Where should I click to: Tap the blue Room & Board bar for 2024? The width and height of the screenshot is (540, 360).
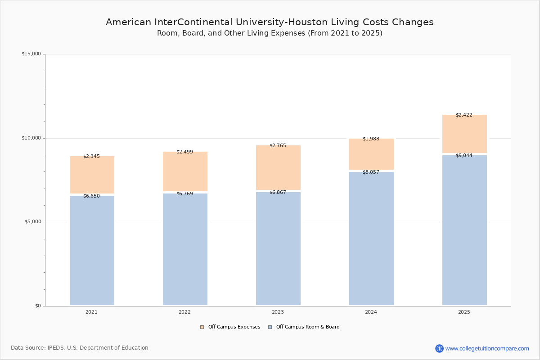[371, 238]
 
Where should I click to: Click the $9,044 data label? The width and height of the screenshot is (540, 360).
[464, 155]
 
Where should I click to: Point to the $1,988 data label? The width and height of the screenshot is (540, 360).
[371, 139]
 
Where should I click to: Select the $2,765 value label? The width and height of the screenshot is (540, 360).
[278, 145]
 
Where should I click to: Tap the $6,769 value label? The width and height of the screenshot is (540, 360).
[184, 193]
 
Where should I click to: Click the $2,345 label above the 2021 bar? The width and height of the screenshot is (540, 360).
[91, 156]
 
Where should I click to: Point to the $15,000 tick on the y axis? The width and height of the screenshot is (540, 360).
[31, 54]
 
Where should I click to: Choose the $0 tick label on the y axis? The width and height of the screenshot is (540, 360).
[38, 306]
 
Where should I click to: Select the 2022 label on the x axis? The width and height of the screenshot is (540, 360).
[184, 312]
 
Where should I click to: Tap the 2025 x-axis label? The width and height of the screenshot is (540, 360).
[464, 312]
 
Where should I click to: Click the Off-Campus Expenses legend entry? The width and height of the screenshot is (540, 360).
[230, 327]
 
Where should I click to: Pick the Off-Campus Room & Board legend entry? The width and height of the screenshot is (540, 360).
[304, 327]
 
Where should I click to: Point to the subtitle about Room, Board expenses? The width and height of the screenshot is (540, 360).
[270, 33]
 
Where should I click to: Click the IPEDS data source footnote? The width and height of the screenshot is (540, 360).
[80, 348]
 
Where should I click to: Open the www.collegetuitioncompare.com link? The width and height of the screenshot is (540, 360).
[487, 348]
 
